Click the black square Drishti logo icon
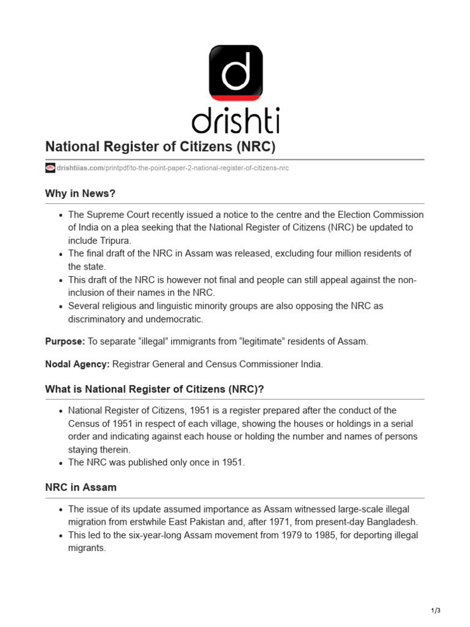point(236,72)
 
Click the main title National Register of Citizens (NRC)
point(160,148)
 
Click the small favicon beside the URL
point(50,168)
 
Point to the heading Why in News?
point(80,193)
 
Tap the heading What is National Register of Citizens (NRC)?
point(155,389)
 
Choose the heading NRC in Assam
point(81,487)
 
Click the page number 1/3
point(435,610)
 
